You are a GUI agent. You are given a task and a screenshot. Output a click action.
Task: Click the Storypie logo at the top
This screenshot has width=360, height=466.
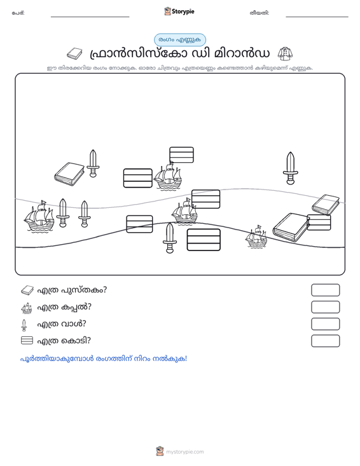pos(179,11)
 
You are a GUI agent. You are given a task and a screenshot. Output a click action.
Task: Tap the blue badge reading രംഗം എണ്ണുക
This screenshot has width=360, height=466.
pos(179,40)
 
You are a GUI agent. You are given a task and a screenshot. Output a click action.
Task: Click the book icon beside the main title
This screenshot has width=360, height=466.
pos(74,53)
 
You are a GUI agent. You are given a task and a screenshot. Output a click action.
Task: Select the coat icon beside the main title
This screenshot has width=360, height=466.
pos(285,53)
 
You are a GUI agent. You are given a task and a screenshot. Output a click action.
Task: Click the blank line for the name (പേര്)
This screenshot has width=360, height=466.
pos(90,17)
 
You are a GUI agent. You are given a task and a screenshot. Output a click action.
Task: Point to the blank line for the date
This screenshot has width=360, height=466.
pos(317,17)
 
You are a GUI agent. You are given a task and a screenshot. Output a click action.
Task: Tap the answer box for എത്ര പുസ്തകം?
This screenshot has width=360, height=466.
pos(325,290)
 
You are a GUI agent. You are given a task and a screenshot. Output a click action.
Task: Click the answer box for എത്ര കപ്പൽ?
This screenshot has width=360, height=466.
pos(325,307)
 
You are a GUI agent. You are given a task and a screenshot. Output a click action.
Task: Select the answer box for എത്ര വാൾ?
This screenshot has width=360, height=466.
pos(325,324)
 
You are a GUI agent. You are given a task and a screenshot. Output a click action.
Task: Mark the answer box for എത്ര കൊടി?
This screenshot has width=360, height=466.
pos(325,341)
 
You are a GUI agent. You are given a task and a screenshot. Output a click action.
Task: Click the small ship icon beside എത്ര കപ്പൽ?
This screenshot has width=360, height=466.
pos(27,308)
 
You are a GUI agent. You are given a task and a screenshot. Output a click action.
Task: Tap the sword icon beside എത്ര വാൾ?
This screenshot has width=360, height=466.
pos(24,325)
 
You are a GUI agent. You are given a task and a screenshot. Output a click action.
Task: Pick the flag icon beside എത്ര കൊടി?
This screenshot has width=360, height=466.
pos(27,340)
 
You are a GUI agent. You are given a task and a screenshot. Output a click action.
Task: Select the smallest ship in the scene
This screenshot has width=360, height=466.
pos(256,236)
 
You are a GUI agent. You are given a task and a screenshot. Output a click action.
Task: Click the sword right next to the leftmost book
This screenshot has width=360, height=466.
pos(93,163)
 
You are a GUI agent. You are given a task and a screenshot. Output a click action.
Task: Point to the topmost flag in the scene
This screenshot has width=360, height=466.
pos(181,155)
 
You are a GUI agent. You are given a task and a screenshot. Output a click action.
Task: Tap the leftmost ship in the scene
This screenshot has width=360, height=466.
pos(39,216)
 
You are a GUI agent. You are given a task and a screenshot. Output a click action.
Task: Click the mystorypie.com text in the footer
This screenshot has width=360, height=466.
pos(185,452)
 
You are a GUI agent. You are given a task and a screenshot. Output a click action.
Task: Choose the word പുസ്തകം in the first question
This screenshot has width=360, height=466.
pos(84,290)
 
